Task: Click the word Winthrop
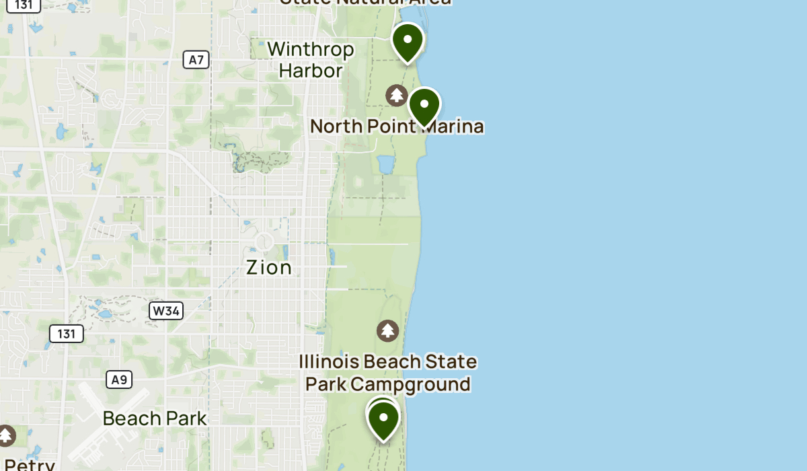click(x=310, y=49)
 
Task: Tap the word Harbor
click(x=311, y=70)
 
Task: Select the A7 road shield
click(x=196, y=60)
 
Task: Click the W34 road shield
click(x=166, y=310)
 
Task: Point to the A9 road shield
click(x=118, y=379)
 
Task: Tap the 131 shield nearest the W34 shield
click(x=66, y=333)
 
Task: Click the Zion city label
click(x=269, y=268)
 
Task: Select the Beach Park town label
click(x=155, y=419)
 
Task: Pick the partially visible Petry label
click(x=28, y=464)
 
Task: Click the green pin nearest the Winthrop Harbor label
click(x=408, y=42)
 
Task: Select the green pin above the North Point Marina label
click(x=424, y=106)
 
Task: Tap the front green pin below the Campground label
click(x=383, y=420)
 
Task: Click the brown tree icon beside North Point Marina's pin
click(x=397, y=96)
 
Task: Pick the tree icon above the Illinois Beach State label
click(x=387, y=330)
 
